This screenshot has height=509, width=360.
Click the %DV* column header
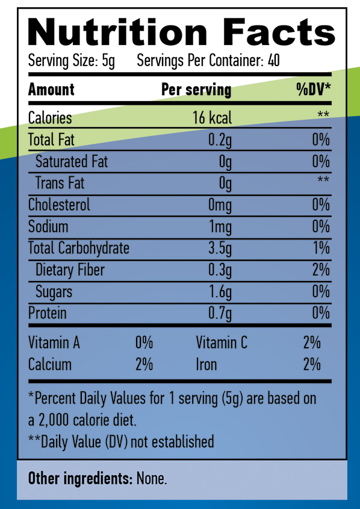tap(314, 90)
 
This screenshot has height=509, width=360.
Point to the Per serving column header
tap(196, 90)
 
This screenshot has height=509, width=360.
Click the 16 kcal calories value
tap(212, 118)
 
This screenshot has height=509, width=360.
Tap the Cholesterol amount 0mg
tap(220, 205)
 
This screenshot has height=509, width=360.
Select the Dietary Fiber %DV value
tap(321, 270)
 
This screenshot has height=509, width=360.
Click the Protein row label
tap(48, 313)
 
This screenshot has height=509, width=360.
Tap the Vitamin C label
tap(222, 343)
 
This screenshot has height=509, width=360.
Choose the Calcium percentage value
tap(144, 365)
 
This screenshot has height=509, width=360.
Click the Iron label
tap(206, 365)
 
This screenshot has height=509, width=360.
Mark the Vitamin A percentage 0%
tap(144, 343)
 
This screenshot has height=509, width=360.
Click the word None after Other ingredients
tap(151, 479)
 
